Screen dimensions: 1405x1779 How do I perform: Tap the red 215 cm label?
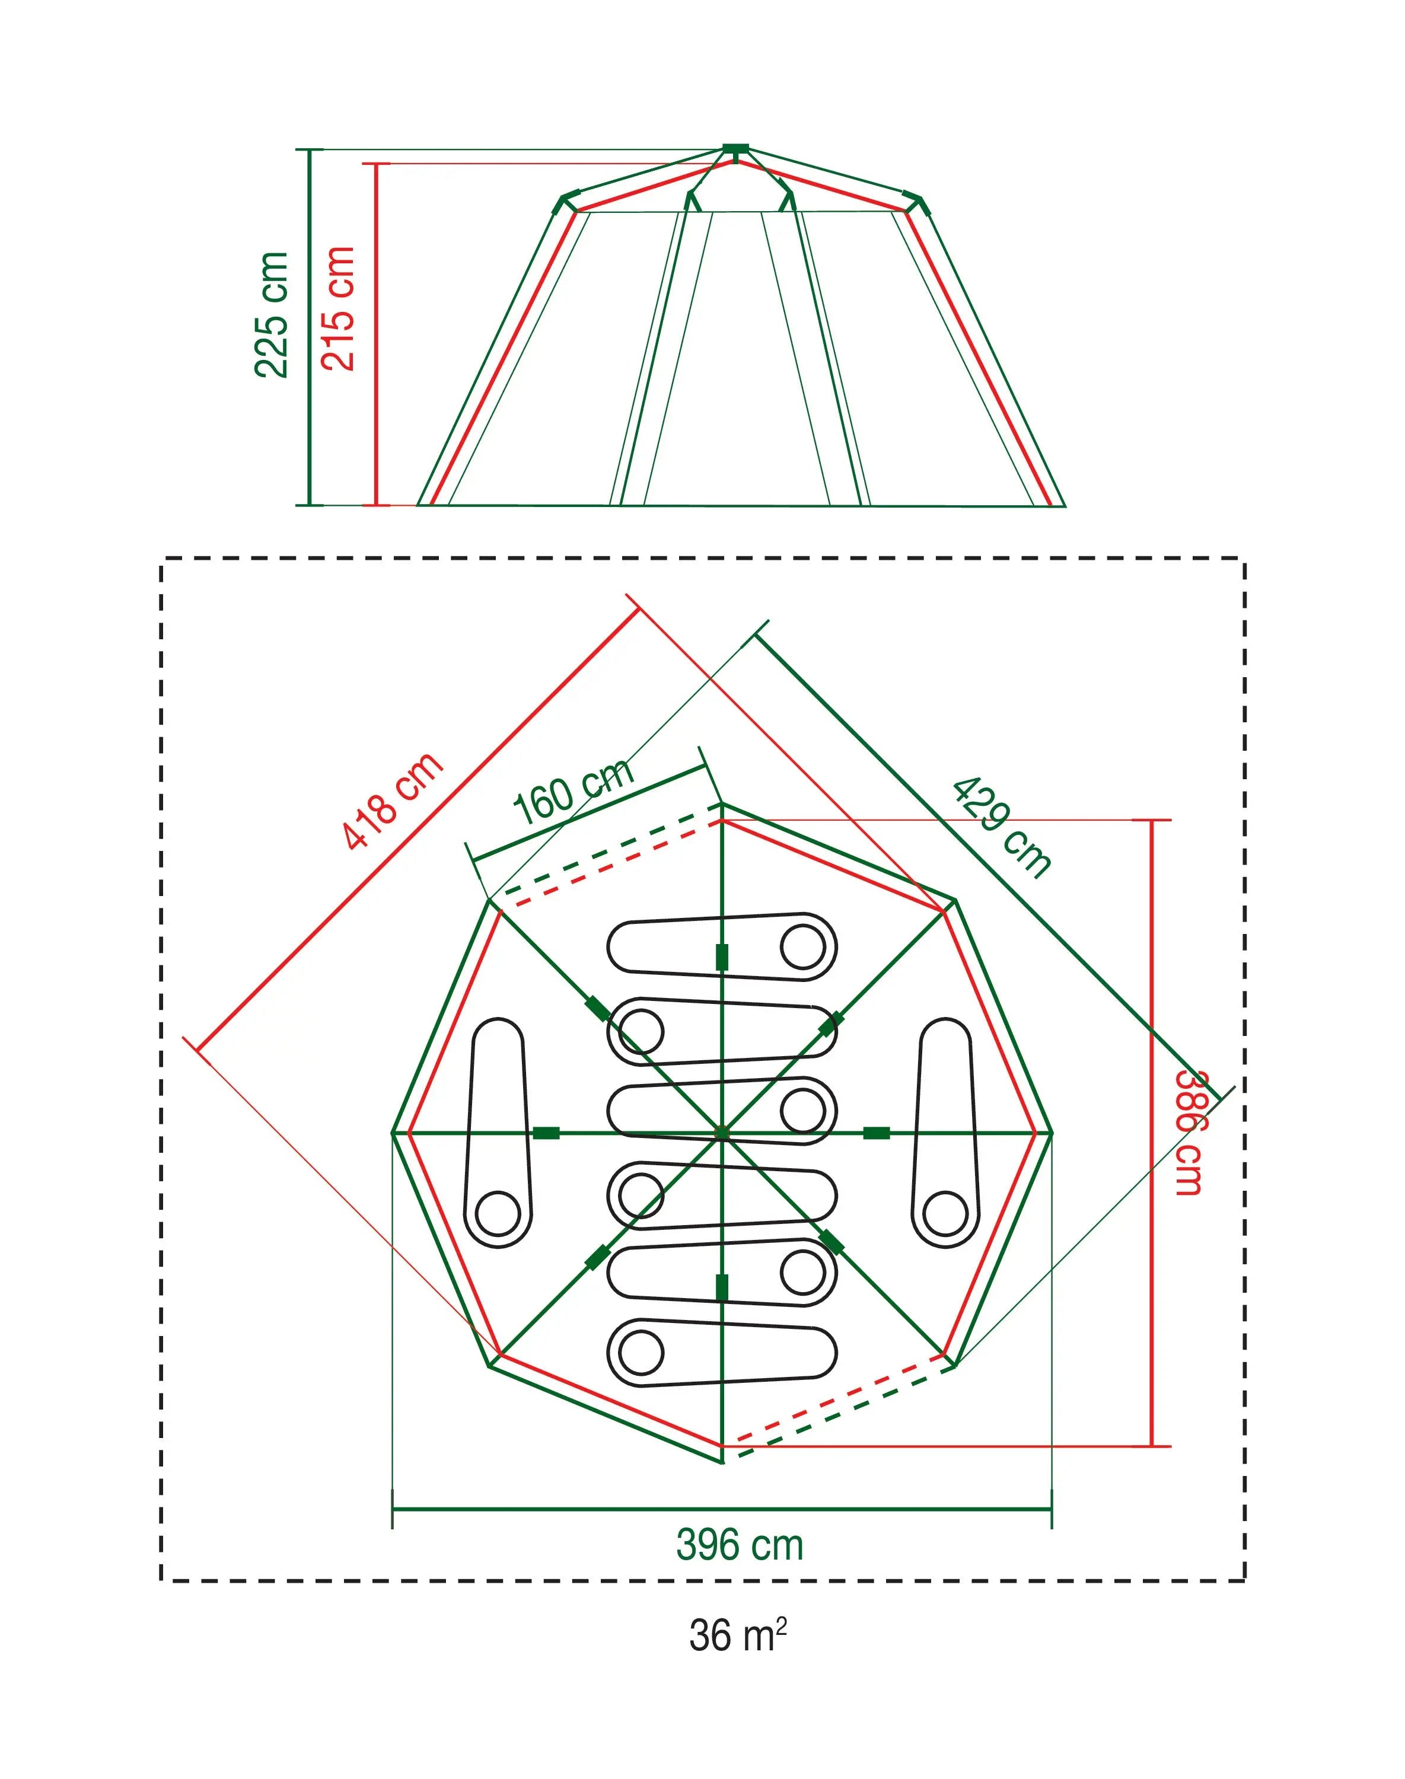(x=337, y=308)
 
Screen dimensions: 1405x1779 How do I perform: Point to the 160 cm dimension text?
(x=574, y=789)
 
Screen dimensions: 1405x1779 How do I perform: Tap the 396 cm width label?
(x=740, y=1545)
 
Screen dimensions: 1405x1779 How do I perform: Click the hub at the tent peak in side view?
(x=735, y=149)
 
